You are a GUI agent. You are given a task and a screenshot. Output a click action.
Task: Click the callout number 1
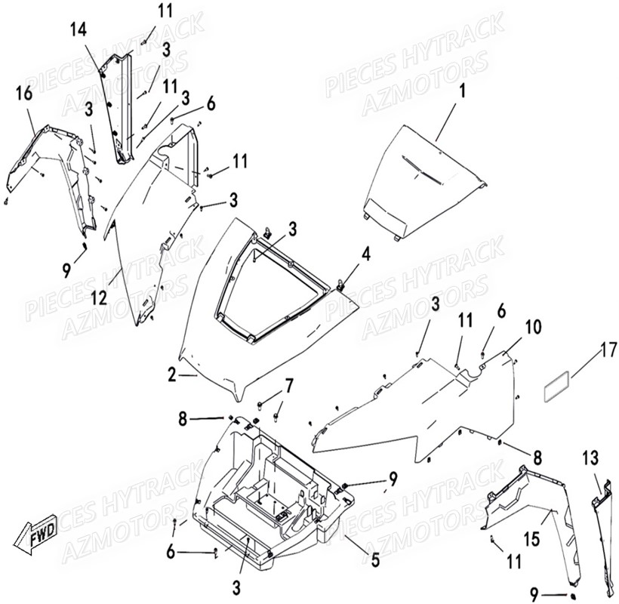coord(463,95)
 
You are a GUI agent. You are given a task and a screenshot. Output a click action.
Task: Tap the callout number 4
coord(365,254)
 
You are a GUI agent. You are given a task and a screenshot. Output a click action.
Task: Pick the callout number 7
coord(288,387)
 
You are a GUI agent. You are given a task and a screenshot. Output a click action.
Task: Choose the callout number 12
coord(99,299)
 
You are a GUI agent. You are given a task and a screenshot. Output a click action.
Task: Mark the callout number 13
coord(590,458)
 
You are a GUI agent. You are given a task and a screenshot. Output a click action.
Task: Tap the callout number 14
coord(79,30)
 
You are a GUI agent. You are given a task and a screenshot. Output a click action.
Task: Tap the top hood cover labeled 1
coord(423,181)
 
